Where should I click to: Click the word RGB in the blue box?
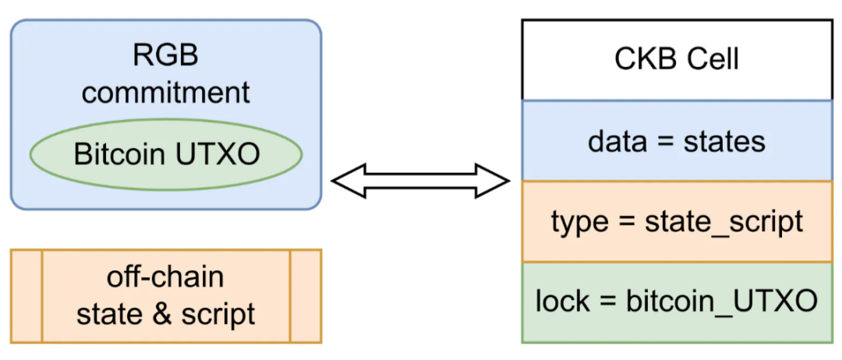click(167, 56)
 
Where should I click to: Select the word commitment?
click(166, 92)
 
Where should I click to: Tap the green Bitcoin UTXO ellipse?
click(166, 155)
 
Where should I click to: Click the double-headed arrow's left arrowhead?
click(349, 182)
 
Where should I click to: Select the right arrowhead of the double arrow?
click(491, 182)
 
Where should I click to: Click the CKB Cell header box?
click(677, 59)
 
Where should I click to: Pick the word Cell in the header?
click(713, 60)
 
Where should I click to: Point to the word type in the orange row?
click(575, 222)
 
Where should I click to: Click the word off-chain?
click(165, 278)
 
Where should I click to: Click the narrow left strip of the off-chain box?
click(27, 296)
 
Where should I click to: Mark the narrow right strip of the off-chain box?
click(306, 296)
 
